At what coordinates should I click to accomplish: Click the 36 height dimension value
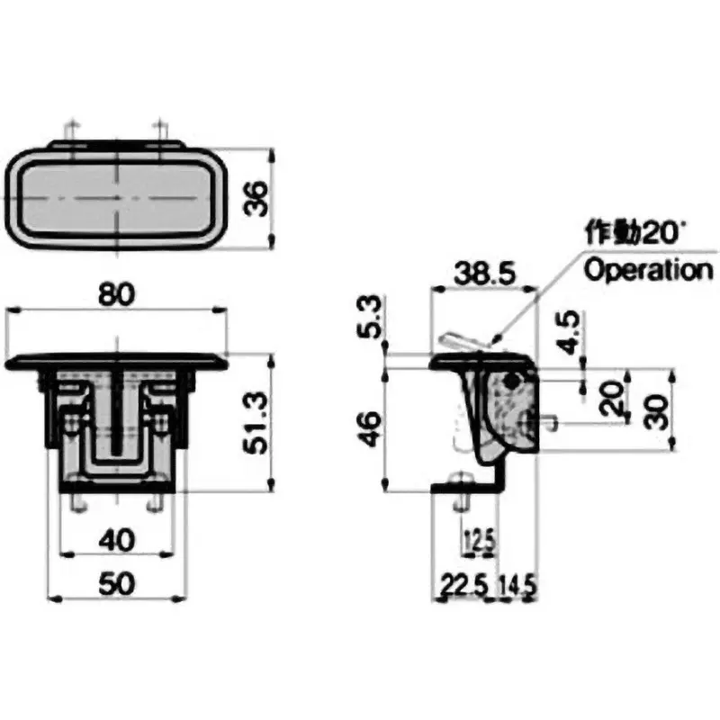(x=256, y=198)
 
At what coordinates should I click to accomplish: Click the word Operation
(x=647, y=270)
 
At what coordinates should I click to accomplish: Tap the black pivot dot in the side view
(x=512, y=382)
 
